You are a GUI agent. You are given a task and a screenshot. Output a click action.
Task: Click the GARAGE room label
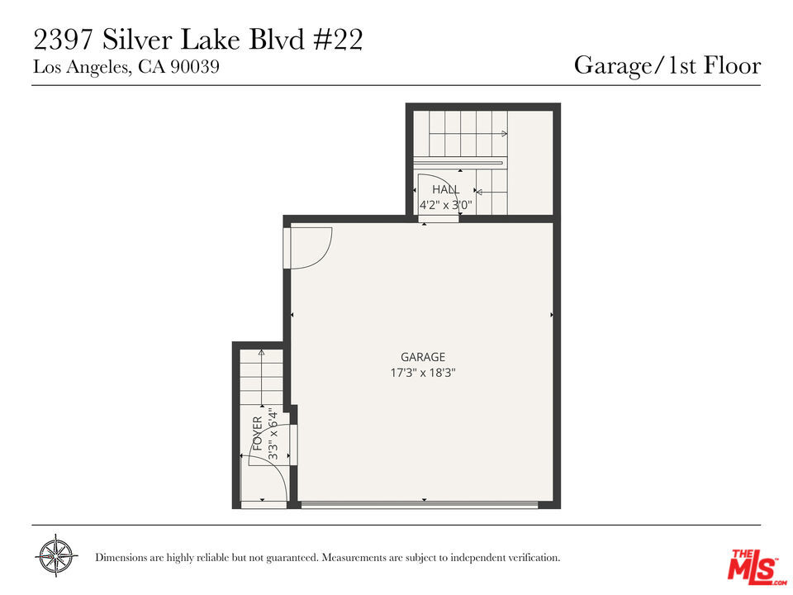423,357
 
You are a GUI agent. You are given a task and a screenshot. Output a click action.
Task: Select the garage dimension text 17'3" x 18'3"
423,373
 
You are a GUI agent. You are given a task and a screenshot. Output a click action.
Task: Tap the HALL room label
445,190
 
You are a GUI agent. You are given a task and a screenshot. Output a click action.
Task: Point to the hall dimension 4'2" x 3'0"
445,205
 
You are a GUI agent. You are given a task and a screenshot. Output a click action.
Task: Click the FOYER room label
258,434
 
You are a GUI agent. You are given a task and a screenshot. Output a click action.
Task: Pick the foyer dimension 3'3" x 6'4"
273,434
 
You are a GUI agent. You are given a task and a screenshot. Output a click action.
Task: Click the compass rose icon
56,555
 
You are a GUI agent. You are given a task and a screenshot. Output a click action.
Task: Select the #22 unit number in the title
338,40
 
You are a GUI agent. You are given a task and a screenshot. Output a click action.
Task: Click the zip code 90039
195,67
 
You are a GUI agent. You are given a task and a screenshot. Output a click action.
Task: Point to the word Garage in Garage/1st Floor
612,66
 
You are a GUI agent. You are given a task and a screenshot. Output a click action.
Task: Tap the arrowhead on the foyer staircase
261,352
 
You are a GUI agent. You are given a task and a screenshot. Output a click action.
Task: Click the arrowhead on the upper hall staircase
504,134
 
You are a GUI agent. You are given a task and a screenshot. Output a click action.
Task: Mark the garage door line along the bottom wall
420,504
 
